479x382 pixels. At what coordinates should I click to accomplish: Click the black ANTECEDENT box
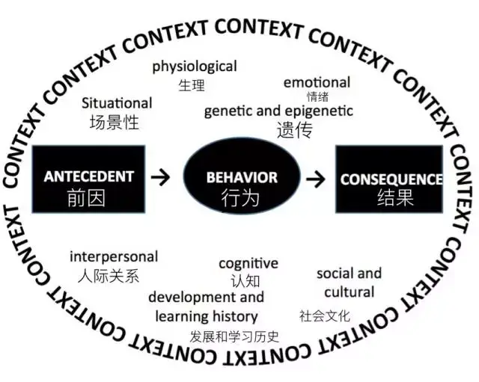(88, 177)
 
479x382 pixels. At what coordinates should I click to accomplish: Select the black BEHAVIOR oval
(241, 177)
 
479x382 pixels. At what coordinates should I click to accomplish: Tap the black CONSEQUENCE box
(390, 179)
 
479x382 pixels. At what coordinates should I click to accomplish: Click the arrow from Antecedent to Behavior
(160, 177)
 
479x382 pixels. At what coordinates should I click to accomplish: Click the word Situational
(117, 103)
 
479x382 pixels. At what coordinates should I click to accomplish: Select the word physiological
(195, 67)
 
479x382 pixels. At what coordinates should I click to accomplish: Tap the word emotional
(317, 82)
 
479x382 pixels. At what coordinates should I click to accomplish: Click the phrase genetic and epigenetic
(278, 111)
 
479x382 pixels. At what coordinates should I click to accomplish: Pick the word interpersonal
(114, 256)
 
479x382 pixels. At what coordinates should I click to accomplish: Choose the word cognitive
(248, 263)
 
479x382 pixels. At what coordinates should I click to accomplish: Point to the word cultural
(350, 292)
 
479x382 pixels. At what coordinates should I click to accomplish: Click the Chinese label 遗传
(293, 130)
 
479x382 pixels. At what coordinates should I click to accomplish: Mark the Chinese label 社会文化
(325, 315)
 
